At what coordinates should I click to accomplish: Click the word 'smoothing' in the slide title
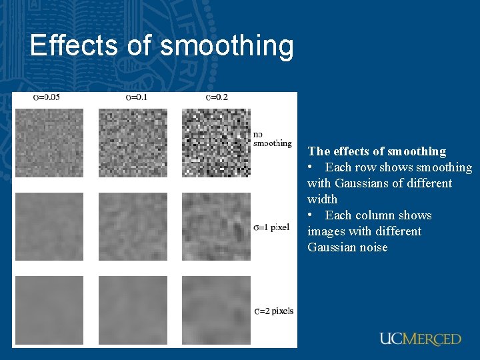pos(227,47)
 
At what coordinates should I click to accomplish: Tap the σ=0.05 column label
pos(47,97)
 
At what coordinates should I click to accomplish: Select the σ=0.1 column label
pos(136,97)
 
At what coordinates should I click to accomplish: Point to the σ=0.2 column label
pos(217,97)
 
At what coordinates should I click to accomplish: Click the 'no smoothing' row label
pos(272,139)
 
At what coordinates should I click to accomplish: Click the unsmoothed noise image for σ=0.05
pos(49,143)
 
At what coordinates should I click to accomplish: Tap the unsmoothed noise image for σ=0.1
pos(133,143)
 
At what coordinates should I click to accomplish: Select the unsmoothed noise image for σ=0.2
pos(216,143)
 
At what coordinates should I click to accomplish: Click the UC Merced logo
pos(420,339)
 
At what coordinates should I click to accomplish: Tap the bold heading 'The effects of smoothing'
pos(377,151)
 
